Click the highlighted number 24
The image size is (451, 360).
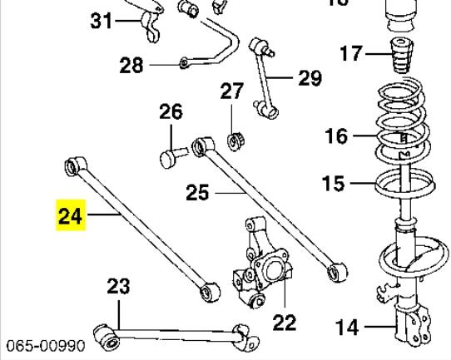70,217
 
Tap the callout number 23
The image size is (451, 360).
118,287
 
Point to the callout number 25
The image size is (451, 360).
197,193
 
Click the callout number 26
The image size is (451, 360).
171,111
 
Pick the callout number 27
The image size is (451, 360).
232,91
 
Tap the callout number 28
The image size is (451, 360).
131,65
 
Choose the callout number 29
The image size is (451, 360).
309,78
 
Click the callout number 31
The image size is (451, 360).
101,20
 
